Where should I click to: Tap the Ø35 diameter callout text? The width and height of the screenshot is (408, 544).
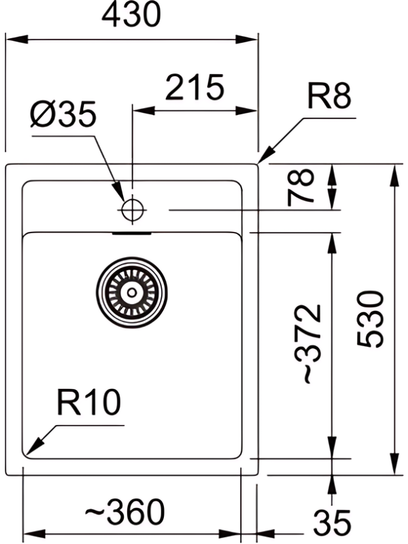pos(64,116)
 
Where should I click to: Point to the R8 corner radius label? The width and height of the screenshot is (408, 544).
pos(329,97)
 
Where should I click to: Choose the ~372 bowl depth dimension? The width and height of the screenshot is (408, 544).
pos(310,344)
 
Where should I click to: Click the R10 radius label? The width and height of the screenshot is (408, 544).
pos(89,404)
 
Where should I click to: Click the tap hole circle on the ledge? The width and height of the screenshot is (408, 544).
pos(131,210)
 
